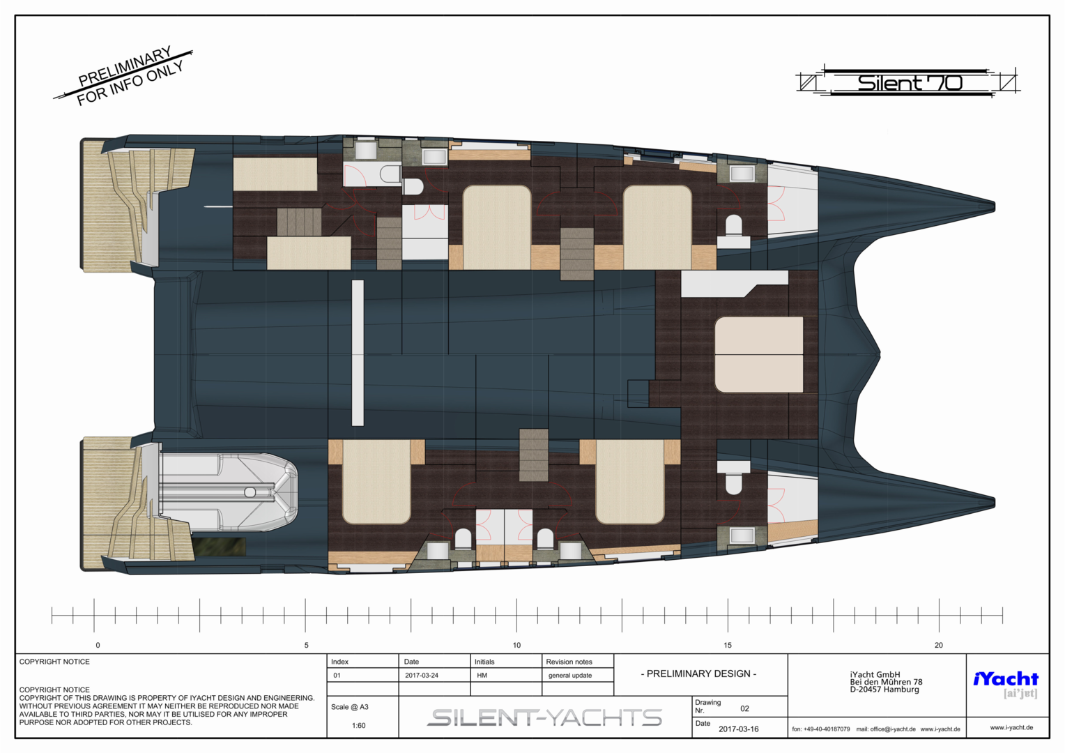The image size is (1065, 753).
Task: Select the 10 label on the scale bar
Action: tap(516, 646)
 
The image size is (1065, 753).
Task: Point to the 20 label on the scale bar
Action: tap(939, 646)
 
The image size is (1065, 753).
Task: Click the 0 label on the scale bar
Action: tap(98, 646)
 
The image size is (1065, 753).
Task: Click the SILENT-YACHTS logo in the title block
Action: tap(544, 718)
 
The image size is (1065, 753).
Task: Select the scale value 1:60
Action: tap(358, 726)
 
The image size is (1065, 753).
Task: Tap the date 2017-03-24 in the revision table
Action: tap(422, 676)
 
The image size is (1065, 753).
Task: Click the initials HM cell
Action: tap(482, 676)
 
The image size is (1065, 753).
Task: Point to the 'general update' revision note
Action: tap(570, 676)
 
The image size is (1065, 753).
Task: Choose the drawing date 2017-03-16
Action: tap(738, 729)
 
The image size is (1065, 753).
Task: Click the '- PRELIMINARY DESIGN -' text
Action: tap(698, 674)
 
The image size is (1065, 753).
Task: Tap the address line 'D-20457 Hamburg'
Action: tap(884, 690)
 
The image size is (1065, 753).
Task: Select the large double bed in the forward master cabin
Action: tap(759, 354)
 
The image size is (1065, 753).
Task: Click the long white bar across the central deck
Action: tap(358, 353)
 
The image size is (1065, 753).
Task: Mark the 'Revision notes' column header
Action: tap(569, 662)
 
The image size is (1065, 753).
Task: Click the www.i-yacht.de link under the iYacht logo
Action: tap(1011, 728)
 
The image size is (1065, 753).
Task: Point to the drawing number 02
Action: tap(744, 709)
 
